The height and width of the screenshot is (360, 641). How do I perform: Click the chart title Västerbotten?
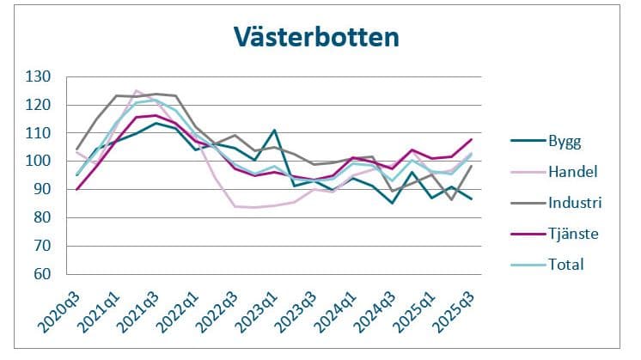[316, 38]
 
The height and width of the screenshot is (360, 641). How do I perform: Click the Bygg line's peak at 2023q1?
[273, 131]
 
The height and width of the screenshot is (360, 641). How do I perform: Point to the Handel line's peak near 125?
[137, 90]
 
